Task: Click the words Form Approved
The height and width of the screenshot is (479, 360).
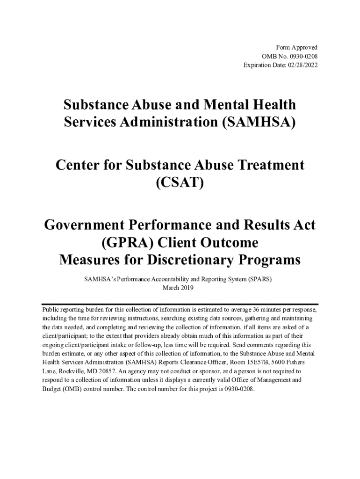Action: coord(297,48)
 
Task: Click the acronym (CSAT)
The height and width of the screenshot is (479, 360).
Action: coord(180,183)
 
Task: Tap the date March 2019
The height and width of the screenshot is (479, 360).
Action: coord(178,288)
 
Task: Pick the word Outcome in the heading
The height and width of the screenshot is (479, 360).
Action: coord(224,243)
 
